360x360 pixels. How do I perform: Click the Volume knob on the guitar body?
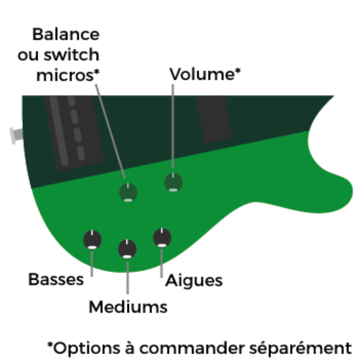(x=173, y=183)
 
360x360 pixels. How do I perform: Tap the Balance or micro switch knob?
(x=128, y=193)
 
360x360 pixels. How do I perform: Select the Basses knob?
(x=92, y=239)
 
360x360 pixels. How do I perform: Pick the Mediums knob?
(x=127, y=249)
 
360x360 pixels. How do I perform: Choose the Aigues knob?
(x=162, y=237)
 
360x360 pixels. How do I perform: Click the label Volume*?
(x=205, y=74)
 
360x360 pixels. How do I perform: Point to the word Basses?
(x=56, y=279)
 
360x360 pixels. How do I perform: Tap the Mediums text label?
(x=128, y=307)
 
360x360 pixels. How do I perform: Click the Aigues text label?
(x=194, y=280)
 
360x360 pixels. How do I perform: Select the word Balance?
(x=66, y=34)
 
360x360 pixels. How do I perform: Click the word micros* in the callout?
(x=67, y=75)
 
